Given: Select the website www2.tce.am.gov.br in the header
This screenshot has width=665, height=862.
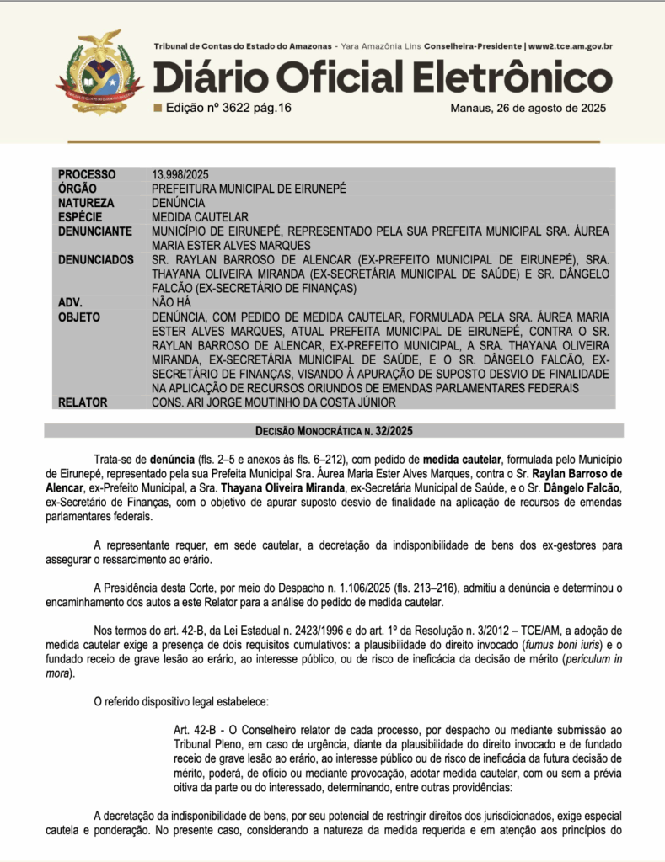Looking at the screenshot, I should click(570, 46).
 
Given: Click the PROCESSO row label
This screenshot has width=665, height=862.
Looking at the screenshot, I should click(88, 174).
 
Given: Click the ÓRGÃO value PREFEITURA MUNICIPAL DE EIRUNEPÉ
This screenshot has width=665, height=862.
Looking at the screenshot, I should click(249, 189).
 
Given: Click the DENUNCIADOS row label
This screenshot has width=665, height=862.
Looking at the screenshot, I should click(96, 260).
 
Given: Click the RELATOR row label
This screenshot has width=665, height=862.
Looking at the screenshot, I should click(83, 402).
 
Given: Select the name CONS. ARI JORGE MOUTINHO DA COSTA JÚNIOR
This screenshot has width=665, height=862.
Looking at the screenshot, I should click(274, 402).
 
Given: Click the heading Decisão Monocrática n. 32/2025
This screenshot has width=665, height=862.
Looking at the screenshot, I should click(334, 431).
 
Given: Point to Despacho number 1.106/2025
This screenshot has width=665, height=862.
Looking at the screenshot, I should click(299, 587).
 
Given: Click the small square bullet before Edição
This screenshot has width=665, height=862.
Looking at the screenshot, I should click(157, 108).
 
